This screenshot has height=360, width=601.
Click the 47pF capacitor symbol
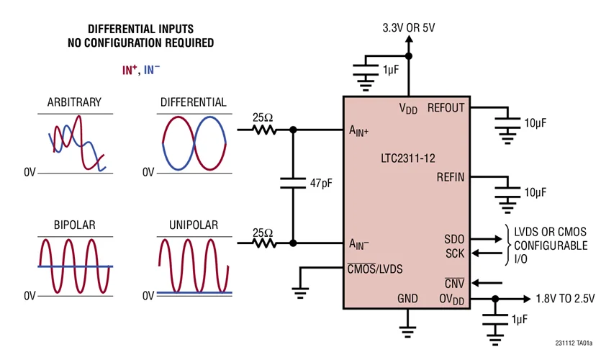293,184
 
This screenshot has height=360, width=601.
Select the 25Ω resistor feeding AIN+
264,130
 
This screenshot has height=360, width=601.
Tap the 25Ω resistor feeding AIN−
264,243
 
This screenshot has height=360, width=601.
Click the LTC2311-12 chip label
408,158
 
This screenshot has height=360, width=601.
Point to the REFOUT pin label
446,108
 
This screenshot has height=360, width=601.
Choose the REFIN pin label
451,177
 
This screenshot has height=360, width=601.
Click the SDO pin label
454,239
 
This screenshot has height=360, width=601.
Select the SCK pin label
455,253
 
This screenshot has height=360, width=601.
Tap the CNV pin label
454,284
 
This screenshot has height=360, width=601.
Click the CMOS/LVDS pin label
375,269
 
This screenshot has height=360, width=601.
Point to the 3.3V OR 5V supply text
409,28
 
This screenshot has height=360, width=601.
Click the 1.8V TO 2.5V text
565,298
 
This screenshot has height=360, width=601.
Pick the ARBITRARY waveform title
74,102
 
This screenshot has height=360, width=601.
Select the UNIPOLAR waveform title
194,225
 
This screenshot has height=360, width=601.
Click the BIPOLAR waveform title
74,225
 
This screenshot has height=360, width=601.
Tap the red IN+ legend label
130,70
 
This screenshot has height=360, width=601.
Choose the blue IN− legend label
152,70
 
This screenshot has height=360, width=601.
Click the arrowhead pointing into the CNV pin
476,283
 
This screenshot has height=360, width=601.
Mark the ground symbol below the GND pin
407,332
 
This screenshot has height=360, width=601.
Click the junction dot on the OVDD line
495,299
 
